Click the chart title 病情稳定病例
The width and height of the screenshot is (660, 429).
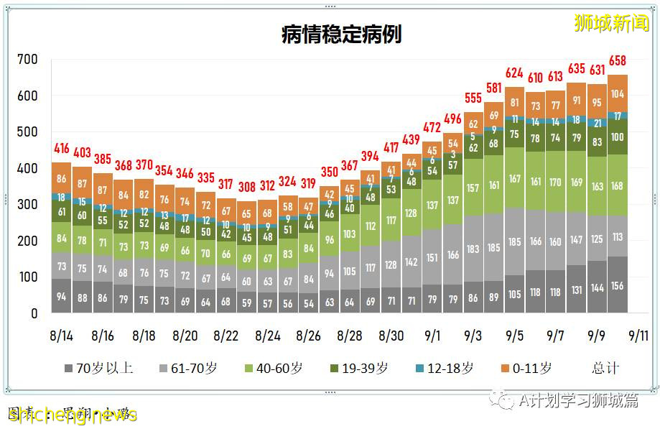tap(341, 34)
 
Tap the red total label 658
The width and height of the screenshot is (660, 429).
tap(618, 60)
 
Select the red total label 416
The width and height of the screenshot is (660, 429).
tap(62, 149)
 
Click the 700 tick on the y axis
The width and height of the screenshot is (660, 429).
tap(28, 60)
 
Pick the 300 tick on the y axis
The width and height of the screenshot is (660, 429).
tap(28, 205)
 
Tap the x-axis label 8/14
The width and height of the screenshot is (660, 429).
tap(62, 335)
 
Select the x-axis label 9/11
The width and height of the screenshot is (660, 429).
tap(638, 335)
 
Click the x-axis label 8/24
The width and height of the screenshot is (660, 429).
tap(268, 335)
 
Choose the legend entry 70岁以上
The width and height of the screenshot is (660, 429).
tap(99, 368)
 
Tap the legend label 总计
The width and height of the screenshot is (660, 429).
tap(605, 368)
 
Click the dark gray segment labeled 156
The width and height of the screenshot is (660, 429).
tap(618, 285)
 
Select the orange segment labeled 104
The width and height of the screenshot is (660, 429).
tap(618, 93)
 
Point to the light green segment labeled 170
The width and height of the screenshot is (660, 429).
tap(556, 183)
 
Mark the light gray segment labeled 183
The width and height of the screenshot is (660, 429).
tap(473, 249)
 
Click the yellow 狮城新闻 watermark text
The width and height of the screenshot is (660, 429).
tap(611, 23)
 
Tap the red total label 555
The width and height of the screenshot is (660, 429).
tap(473, 98)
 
